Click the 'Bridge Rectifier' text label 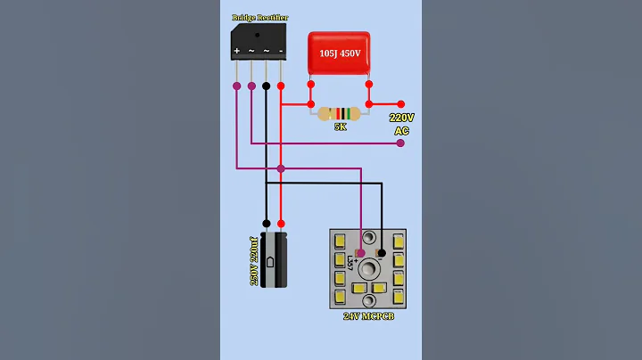(259, 17)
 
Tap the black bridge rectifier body (259, 37)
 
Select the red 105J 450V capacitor (339, 53)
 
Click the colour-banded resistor (340, 114)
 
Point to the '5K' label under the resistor (340, 128)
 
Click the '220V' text (401, 118)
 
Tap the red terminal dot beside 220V (401, 104)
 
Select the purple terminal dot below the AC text (401, 143)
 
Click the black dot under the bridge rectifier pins (266, 86)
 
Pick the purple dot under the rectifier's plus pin (236, 86)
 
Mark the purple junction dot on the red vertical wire (281, 168)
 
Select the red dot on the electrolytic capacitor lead (281, 224)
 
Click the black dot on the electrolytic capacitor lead (266, 224)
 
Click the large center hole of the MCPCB (367, 268)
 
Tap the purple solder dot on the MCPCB (361, 252)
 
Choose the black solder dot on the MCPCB (383, 252)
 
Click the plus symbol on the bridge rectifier (236, 52)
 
